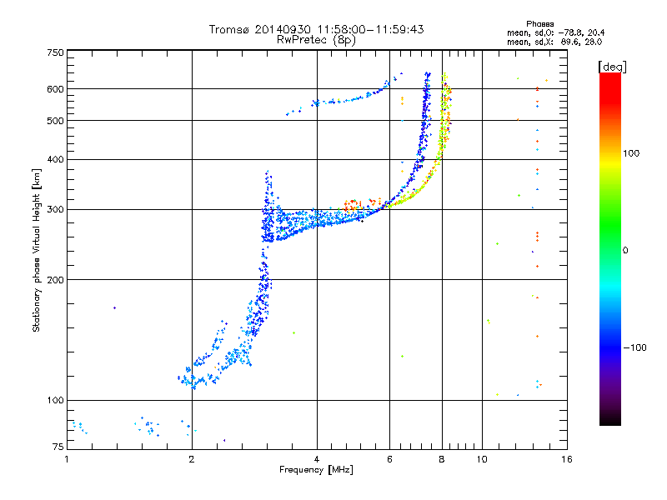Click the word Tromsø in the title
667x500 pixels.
pyautogui.click(x=230, y=29)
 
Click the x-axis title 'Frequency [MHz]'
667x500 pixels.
pyautogui.click(x=317, y=471)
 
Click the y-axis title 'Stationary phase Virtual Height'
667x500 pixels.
pyautogui.click(x=37, y=250)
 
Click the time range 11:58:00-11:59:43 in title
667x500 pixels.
pyautogui.click(x=367, y=29)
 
